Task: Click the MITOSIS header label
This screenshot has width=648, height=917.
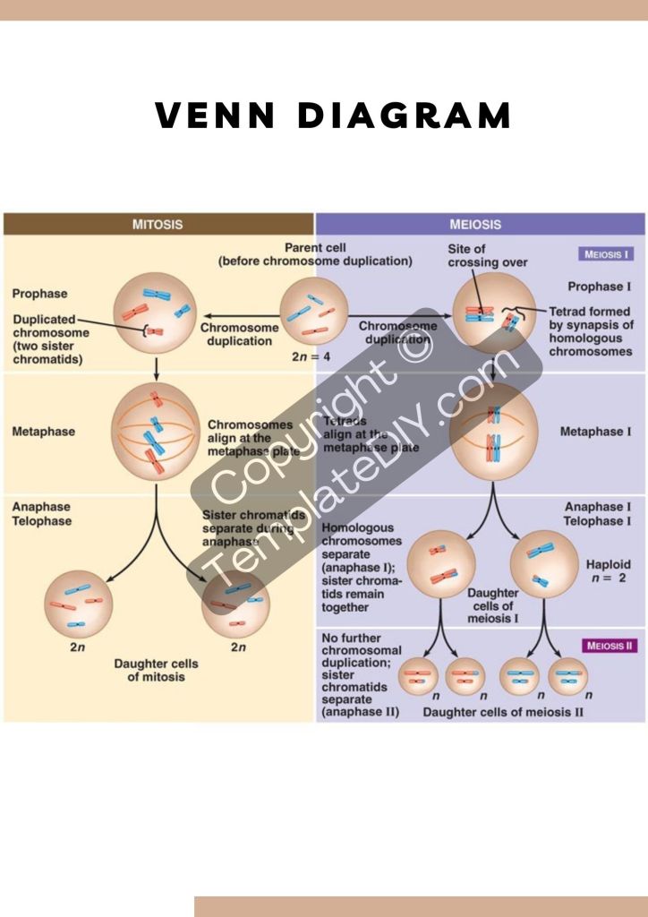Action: click(158, 225)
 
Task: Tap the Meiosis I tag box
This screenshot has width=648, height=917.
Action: click(607, 254)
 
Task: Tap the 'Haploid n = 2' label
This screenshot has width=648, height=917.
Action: click(608, 571)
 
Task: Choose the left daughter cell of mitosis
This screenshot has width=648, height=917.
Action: click(79, 602)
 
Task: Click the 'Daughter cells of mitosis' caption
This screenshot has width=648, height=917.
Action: click(156, 671)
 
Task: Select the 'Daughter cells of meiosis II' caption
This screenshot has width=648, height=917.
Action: click(503, 713)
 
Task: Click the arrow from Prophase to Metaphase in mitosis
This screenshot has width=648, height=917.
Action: click(157, 367)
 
